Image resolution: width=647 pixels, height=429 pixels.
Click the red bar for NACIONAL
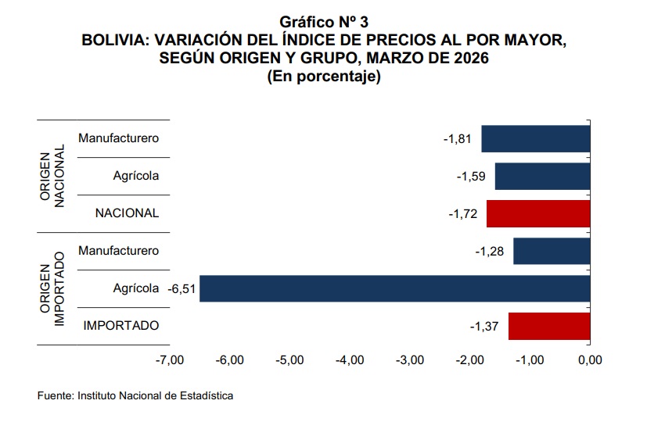537,213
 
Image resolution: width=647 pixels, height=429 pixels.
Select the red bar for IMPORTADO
548,326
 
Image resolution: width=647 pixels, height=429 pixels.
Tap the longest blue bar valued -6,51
394,288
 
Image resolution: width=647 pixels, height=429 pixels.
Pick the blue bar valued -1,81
535,138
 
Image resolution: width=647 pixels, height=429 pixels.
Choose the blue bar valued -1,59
541,176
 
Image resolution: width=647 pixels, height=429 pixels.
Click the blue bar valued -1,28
551,251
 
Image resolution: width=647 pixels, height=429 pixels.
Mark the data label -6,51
182,289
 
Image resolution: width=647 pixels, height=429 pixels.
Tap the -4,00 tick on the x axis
349,360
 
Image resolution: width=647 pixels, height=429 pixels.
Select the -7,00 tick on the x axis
170,360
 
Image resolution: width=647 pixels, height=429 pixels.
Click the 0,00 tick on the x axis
589,360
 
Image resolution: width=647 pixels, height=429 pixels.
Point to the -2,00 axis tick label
469,360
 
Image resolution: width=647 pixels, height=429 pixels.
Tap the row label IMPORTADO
121,325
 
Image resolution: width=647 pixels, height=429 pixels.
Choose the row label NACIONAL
127,213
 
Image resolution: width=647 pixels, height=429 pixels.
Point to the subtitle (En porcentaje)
323,77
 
